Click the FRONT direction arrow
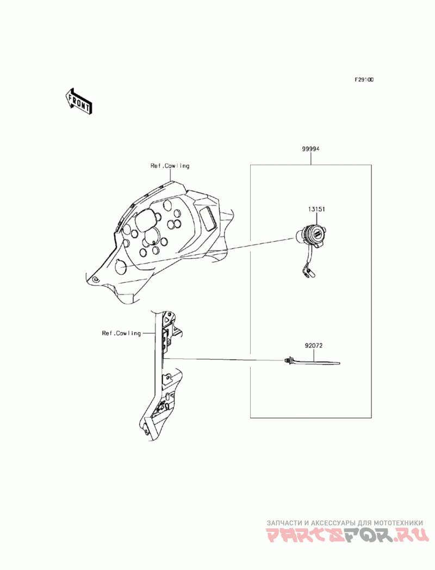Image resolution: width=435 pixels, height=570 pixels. pyautogui.click(x=78, y=102)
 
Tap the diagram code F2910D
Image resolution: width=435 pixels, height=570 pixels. pyautogui.click(x=364, y=79)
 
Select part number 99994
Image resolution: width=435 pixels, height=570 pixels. pyautogui.click(x=311, y=148)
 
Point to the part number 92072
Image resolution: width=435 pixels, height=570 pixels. pyautogui.click(x=314, y=345)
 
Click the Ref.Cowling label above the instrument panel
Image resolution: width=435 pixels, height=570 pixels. pyautogui.click(x=170, y=166)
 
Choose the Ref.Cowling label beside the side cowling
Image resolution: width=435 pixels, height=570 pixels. pyautogui.click(x=121, y=333)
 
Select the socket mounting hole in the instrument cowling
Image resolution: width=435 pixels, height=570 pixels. pyautogui.click(x=121, y=267)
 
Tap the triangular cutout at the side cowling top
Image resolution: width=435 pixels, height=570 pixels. pyautogui.click(x=169, y=316)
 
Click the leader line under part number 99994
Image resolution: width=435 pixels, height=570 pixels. pyautogui.click(x=311, y=158)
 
